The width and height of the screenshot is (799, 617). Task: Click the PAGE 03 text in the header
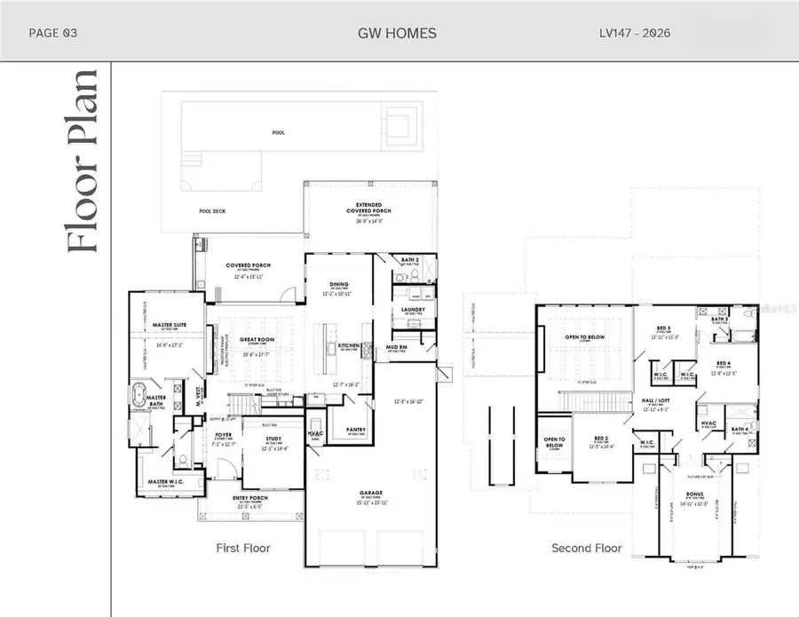(x=53, y=34)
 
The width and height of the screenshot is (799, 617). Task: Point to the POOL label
(x=279, y=131)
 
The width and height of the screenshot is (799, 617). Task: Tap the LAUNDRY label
(x=413, y=309)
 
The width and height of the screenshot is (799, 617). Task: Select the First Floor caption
(x=243, y=548)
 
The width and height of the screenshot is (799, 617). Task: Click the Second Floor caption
(x=587, y=548)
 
